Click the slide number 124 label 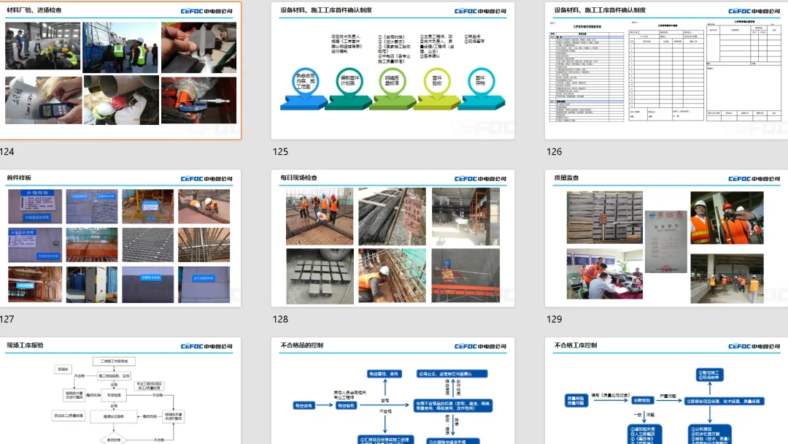(x=7, y=152)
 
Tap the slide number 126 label (x=555, y=152)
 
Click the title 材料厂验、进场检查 (x=34, y=11)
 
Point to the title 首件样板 (x=19, y=178)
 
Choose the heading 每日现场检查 (x=298, y=178)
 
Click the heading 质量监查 (x=567, y=178)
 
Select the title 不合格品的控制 (x=301, y=345)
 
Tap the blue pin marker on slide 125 (x=301, y=80)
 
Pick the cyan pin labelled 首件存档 (x=480, y=80)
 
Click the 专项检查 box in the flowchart (x=115, y=395)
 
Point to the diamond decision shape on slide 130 (x=115, y=440)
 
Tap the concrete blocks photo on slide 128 (x=319, y=275)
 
